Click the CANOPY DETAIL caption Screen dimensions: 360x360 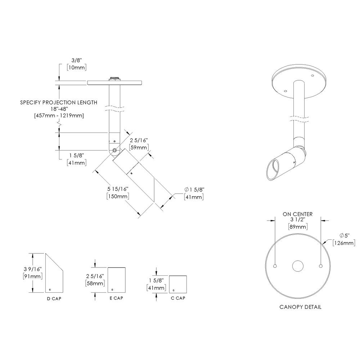point(300,307)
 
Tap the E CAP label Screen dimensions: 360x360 point(117,298)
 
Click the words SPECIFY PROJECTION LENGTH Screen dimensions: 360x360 point(59,103)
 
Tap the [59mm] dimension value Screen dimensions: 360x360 point(138,148)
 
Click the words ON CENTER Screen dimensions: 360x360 point(297,214)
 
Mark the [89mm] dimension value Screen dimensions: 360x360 point(297,226)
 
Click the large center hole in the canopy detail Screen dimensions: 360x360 point(298,266)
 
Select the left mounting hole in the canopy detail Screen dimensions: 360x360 point(275,266)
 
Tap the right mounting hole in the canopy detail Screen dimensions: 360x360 point(320,266)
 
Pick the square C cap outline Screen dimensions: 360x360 point(178,284)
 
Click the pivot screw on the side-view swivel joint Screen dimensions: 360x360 point(114,150)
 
